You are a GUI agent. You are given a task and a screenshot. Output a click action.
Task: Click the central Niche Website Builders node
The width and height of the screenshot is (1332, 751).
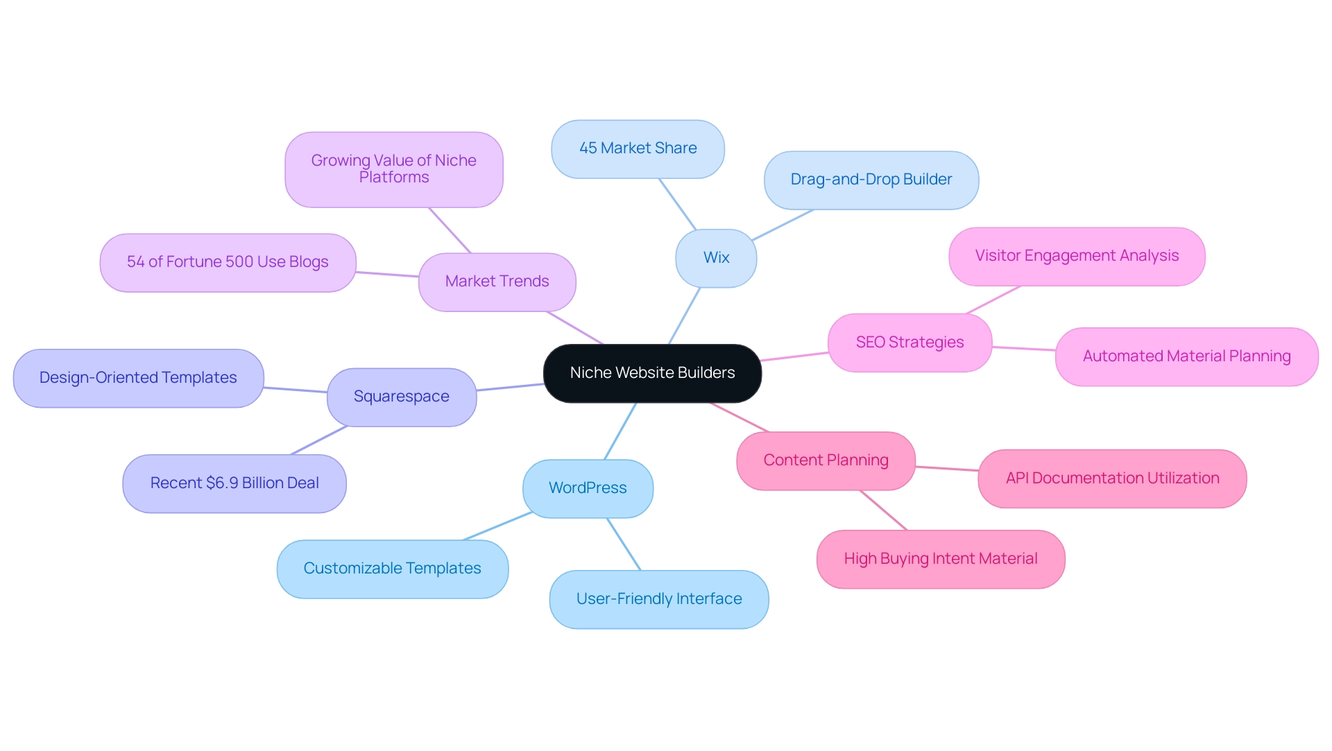click(652, 373)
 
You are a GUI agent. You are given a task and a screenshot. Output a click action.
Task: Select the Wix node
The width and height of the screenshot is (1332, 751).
click(716, 258)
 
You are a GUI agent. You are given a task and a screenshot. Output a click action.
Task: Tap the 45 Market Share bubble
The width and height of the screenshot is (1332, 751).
click(638, 148)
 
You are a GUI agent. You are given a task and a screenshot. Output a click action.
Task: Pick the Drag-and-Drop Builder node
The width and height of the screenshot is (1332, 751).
click(871, 180)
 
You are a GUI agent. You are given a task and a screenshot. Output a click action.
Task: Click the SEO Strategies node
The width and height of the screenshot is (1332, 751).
click(910, 343)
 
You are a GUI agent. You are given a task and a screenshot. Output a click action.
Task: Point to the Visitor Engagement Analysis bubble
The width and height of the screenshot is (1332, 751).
click(1077, 256)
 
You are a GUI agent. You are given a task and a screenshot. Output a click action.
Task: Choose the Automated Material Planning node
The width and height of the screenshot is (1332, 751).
click(1186, 356)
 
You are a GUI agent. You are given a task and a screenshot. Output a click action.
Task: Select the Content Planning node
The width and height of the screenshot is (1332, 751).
click(826, 460)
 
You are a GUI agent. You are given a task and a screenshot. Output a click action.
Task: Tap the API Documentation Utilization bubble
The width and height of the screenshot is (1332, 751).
click(1112, 478)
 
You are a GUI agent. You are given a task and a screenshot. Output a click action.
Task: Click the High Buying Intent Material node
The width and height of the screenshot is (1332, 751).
click(940, 559)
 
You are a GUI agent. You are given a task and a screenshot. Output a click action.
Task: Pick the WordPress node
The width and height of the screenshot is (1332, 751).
click(588, 488)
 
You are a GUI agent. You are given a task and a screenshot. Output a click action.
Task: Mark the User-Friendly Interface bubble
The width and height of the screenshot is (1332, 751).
click(659, 599)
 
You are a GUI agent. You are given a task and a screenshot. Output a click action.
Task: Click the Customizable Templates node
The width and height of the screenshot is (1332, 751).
click(392, 569)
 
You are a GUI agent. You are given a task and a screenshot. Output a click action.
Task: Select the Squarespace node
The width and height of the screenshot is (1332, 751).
click(401, 397)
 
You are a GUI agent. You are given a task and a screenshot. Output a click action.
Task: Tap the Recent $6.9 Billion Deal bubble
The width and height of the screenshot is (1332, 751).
click(234, 483)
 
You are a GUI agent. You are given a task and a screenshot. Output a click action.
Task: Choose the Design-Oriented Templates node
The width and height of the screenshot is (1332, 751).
click(138, 378)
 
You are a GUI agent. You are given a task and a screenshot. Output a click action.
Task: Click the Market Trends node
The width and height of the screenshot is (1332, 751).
click(497, 282)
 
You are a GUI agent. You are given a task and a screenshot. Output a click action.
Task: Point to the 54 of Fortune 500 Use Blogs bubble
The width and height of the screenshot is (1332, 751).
click(228, 262)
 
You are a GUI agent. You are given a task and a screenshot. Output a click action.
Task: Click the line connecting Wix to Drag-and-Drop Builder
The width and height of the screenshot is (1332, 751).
click(783, 225)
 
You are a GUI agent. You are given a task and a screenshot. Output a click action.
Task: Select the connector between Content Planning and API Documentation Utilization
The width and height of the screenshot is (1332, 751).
click(947, 469)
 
